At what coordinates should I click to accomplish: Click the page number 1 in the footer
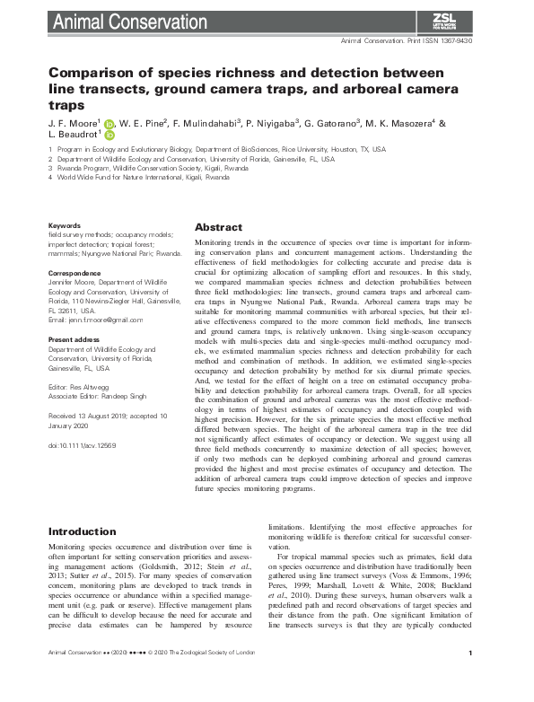470,680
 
